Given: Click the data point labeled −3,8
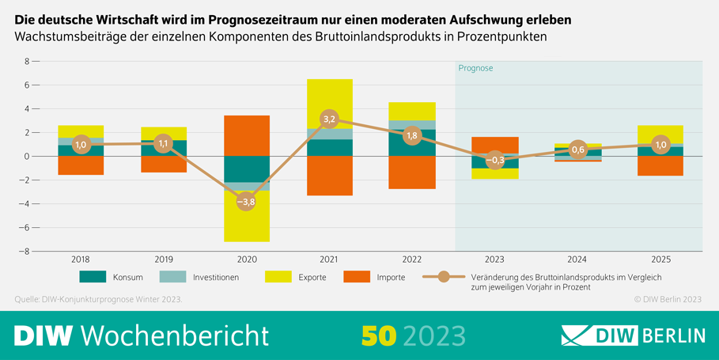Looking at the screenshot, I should pos(246,201).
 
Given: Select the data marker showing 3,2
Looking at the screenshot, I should pos(329,119).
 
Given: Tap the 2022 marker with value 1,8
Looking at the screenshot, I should pos(411,135).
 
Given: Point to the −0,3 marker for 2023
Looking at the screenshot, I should pos(494,160).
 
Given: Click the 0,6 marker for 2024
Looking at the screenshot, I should pos(577,150).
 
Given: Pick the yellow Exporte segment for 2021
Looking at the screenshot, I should pos(329,103).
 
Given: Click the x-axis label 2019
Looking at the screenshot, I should pos(164,259).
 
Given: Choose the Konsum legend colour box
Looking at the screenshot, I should pos(92,278).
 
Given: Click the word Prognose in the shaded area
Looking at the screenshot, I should pos(475,68).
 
